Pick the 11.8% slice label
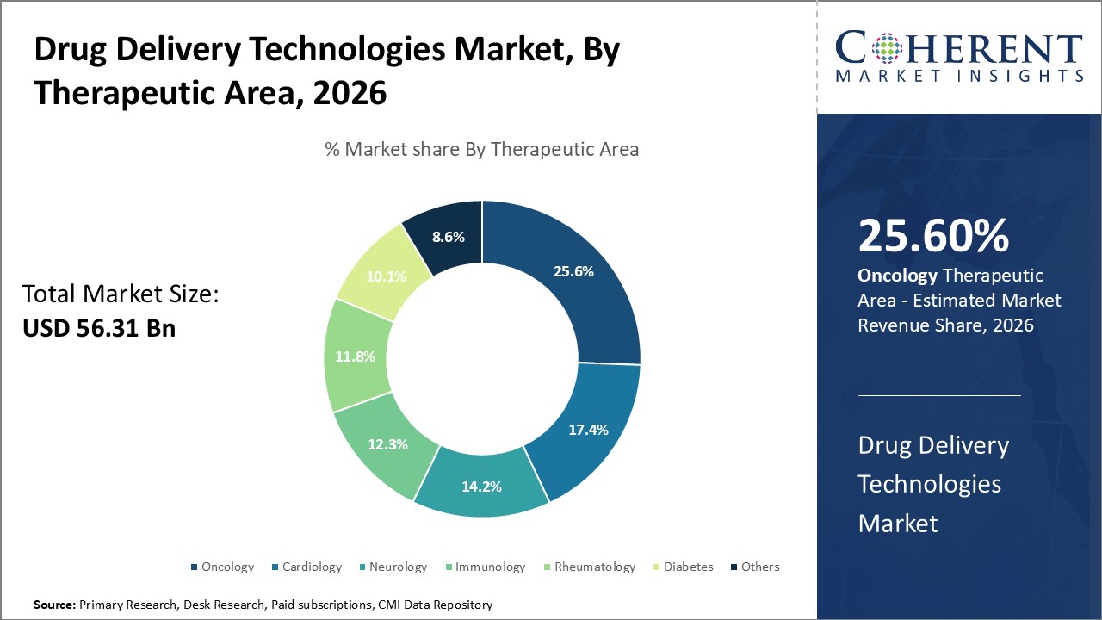pos(354,356)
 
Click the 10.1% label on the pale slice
pos(386,276)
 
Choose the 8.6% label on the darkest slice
pos(448,236)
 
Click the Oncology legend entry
pos(227,567)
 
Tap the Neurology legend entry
pos(398,567)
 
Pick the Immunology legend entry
pos(490,567)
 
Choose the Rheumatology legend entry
pos(594,567)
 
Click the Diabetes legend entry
pos(688,567)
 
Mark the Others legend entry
pos(759,567)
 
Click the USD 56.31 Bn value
pos(98,327)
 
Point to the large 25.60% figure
pos(933,236)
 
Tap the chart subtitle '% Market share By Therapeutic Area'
pos(481,149)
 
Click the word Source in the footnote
pos(54,605)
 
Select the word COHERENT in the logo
pos(959,48)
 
